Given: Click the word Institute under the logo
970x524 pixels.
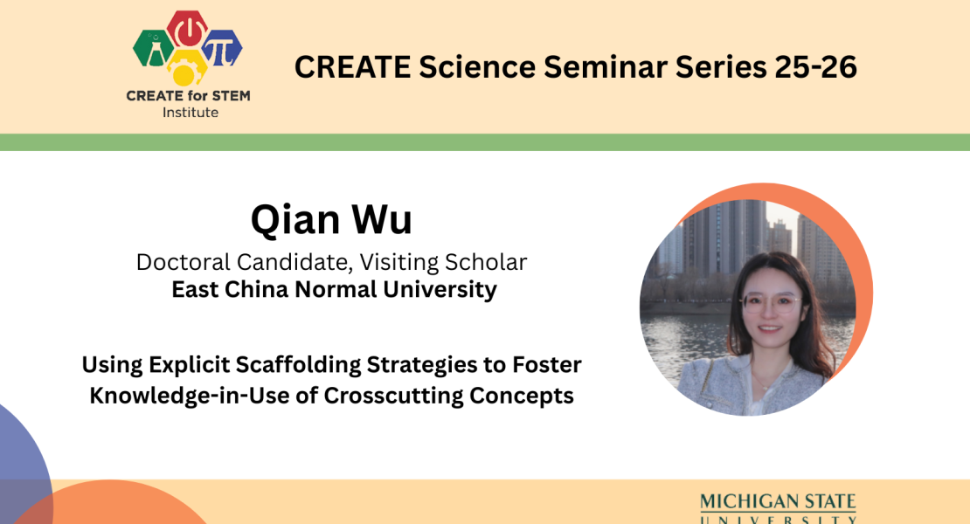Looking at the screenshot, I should click(191, 113).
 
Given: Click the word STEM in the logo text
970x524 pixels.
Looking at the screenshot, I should click(228, 96).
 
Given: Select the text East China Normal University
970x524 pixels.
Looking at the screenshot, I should click(334, 290).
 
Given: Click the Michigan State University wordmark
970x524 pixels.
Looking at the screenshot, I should click(778, 507).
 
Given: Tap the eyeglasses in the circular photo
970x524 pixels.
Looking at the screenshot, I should click(769, 303).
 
